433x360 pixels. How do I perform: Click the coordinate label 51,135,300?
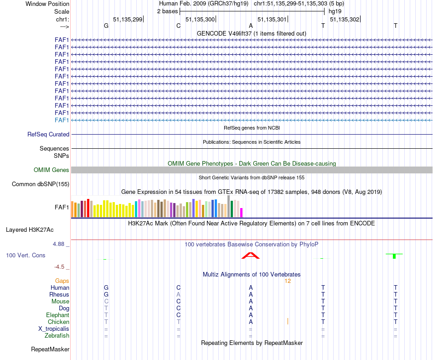coord(200,19)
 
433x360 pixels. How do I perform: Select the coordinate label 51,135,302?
coord(344,19)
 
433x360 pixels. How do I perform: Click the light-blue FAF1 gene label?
coord(62,120)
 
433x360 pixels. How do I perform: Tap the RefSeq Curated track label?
coord(48,135)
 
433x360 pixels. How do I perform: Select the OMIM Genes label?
coord(52,170)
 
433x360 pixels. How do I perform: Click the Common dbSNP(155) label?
coord(41,184)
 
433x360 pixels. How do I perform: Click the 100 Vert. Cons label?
coord(26,256)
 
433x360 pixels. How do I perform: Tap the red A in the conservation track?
coord(250,256)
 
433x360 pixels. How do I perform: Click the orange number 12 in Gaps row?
coord(288,281)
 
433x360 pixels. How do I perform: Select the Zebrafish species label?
coord(57,336)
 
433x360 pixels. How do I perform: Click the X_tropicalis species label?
coord(54,329)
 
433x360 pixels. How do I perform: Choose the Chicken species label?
coord(58,322)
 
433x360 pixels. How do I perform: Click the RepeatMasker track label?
coord(50,350)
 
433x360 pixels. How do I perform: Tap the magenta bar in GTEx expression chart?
coord(242,213)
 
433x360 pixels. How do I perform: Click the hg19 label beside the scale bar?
coord(335,11)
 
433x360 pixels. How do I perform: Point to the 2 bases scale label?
coord(167,11)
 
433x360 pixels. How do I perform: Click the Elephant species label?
coord(57,315)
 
